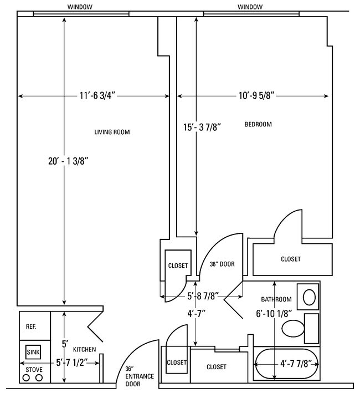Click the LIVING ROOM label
tap(115, 132)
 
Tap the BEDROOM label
tap(258, 124)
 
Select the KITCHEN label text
tap(84, 349)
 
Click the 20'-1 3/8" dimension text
tap(69, 161)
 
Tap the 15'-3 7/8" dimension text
tap(203, 127)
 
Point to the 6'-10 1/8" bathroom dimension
tap(273, 313)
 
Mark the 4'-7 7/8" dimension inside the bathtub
tap(295, 364)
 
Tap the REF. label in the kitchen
tap(31, 326)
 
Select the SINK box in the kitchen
tap(33, 351)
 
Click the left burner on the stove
tap(25, 377)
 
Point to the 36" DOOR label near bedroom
tap(222, 264)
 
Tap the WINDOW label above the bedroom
tap(250, 7)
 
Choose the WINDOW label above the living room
tap(80, 7)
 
